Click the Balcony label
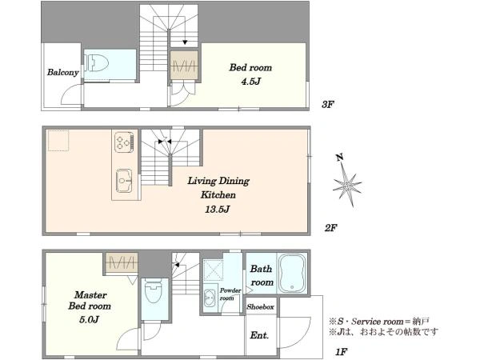(x=62, y=73)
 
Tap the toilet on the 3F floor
(x=97, y=63)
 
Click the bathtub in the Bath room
(x=292, y=273)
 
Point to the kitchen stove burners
(x=124, y=142)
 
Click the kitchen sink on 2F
(x=124, y=181)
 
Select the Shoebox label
(x=261, y=306)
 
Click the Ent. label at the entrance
(x=259, y=335)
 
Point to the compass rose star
(x=347, y=185)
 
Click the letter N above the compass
(x=339, y=158)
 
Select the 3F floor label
(x=327, y=105)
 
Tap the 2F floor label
(x=331, y=228)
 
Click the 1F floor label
(x=341, y=352)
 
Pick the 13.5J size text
(x=218, y=210)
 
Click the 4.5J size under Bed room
(x=251, y=82)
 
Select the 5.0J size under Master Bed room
(x=89, y=320)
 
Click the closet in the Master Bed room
(x=122, y=262)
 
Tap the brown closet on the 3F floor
(x=184, y=65)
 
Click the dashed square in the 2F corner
(x=58, y=141)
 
